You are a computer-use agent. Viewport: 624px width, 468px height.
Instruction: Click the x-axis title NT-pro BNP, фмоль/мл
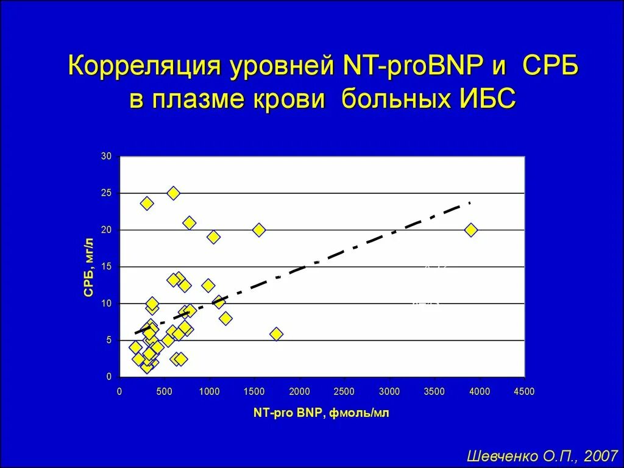tap(321, 413)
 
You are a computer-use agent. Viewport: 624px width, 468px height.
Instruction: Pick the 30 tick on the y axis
tap(106, 157)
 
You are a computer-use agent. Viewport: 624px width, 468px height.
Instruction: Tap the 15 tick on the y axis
tap(106, 267)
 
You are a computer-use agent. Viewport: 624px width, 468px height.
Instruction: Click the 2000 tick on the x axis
tap(300, 391)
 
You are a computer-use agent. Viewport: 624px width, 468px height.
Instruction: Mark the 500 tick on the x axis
tap(165, 391)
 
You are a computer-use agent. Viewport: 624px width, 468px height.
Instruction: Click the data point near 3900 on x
tap(470, 230)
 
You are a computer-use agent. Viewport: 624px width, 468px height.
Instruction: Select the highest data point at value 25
tap(173, 193)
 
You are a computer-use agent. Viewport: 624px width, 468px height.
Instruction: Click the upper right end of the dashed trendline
tap(470, 202)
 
